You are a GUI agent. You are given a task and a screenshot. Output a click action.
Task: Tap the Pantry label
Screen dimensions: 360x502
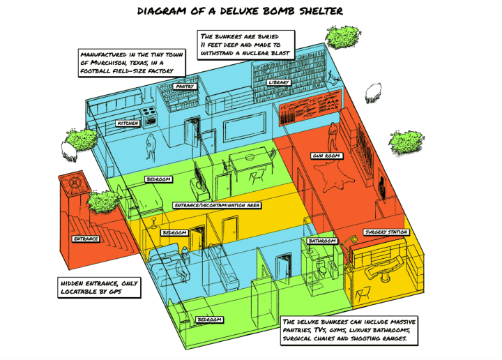(x=185, y=87)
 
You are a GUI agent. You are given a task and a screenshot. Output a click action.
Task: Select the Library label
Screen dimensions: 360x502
(x=278, y=82)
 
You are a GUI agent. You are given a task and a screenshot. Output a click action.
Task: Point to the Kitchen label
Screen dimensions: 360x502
(x=128, y=123)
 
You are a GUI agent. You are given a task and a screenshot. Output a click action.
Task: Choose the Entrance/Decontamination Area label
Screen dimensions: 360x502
(x=217, y=206)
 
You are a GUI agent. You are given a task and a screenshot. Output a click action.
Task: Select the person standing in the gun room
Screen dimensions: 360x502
(x=334, y=137)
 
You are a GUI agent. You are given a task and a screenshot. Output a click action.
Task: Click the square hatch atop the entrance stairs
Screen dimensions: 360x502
(x=73, y=183)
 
